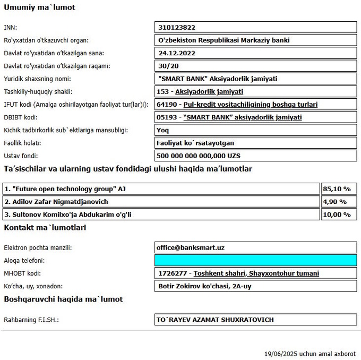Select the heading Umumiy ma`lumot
click(39, 7)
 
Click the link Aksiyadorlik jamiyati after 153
click(212, 91)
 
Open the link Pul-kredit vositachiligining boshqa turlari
click(251, 105)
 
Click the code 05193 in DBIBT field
click(168, 117)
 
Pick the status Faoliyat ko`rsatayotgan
click(195, 143)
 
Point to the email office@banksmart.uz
click(190, 247)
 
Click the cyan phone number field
click(255, 260)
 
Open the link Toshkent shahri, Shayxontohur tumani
click(256, 273)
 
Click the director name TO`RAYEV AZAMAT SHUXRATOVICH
click(215, 320)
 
